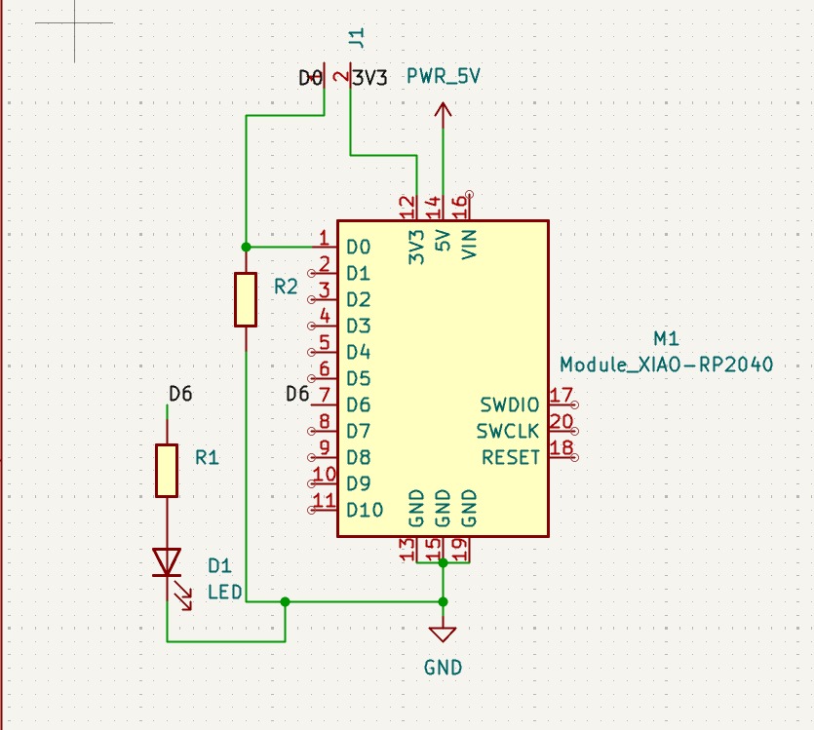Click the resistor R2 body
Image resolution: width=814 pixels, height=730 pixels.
pyautogui.click(x=246, y=299)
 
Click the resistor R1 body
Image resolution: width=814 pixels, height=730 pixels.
pyautogui.click(x=167, y=471)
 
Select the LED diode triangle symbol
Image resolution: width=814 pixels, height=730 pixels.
pyautogui.click(x=167, y=562)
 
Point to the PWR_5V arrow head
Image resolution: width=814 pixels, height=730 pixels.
pyautogui.click(x=443, y=109)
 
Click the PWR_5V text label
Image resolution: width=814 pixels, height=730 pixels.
pyautogui.click(x=443, y=77)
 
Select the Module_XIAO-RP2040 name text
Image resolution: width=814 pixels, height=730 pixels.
pyautogui.click(x=667, y=365)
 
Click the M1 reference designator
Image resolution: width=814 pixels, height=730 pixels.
pyautogui.click(x=666, y=339)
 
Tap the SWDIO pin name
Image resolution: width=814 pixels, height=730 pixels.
pyautogui.click(x=509, y=404)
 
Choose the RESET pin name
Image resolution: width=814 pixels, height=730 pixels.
pyautogui.click(x=511, y=458)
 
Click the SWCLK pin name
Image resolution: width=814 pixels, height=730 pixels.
pyautogui.click(x=508, y=431)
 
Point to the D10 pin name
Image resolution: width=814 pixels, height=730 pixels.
pyautogui.click(x=365, y=510)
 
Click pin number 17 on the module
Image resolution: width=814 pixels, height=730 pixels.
pyautogui.click(x=562, y=396)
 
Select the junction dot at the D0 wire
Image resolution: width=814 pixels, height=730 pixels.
pyautogui.click(x=246, y=247)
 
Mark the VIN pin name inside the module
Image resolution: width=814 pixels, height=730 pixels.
pyautogui.click(x=469, y=245)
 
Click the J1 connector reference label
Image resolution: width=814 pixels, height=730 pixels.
pyautogui.click(x=357, y=38)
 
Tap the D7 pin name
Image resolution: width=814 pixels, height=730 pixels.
pyautogui.click(x=358, y=431)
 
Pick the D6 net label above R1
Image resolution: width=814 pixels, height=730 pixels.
pyautogui.click(x=180, y=395)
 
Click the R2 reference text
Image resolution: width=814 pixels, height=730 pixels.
pyautogui.click(x=286, y=287)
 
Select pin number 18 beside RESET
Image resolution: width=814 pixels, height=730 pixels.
pyautogui.click(x=562, y=448)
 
